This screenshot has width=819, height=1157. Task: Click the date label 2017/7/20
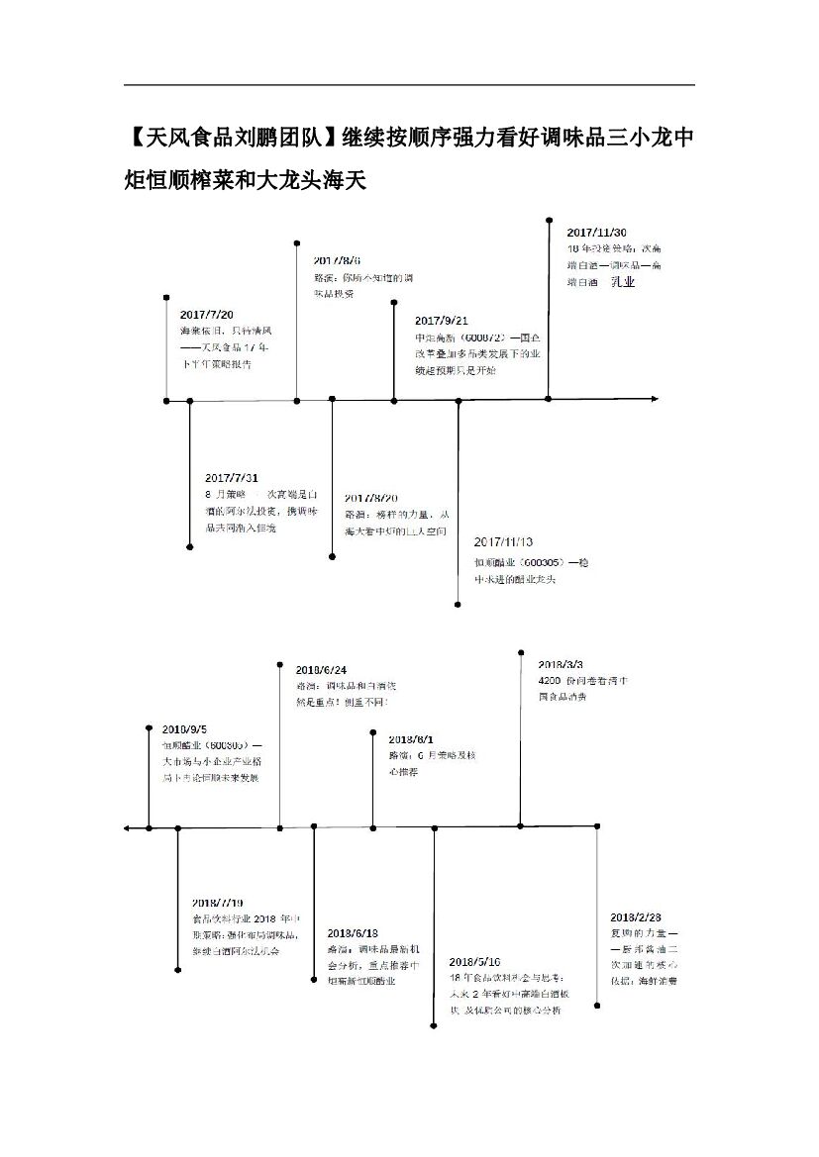click(x=206, y=315)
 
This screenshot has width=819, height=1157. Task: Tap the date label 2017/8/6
click(x=337, y=258)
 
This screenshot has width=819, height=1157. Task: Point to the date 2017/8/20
click(x=371, y=497)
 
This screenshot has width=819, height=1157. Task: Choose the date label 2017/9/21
click(x=442, y=321)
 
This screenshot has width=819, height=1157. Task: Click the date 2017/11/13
click(x=503, y=542)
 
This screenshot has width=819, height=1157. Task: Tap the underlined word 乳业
click(x=622, y=282)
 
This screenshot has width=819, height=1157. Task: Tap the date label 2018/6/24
click(x=321, y=670)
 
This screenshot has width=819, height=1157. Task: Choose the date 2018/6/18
click(x=352, y=932)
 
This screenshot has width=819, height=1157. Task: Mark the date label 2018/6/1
click(x=411, y=739)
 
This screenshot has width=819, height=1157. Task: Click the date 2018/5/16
click(x=474, y=961)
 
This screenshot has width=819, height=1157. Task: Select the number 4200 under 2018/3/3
click(x=550, y=682)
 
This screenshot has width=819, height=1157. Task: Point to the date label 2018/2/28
click(x=636, y=916)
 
